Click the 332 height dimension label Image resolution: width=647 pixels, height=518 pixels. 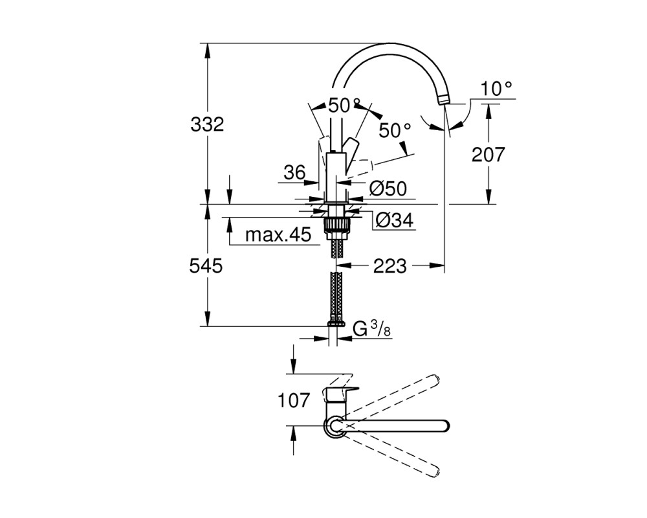click(x=207, y=124)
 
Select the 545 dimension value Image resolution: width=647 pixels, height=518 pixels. click(x=206, y=266)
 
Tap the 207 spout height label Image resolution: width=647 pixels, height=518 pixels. click(x=488, y=155)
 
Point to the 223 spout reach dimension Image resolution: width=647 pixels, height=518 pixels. click(x=390, y=266)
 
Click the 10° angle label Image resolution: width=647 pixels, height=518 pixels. click(x=496, y=89)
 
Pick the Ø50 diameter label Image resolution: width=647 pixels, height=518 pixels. click(x=388, y=189)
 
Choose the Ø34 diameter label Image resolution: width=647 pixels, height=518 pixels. click(x=395, y=221)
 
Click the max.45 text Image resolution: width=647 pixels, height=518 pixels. click(x=278, y=235)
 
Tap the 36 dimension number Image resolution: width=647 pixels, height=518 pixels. click(x=294, y=173)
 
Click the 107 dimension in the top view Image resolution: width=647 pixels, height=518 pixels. click(x=294, y=401)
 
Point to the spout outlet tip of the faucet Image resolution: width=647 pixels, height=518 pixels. click(x=443, y=98)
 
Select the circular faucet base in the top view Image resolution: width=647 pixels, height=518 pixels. click(x=335, y=426)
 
